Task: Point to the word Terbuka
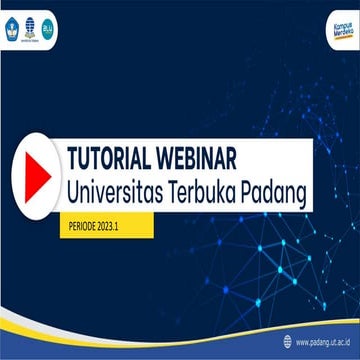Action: [x=212, y=190]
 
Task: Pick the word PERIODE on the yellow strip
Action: [x=76, y=226]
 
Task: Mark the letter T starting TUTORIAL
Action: [x=72, y=158]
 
